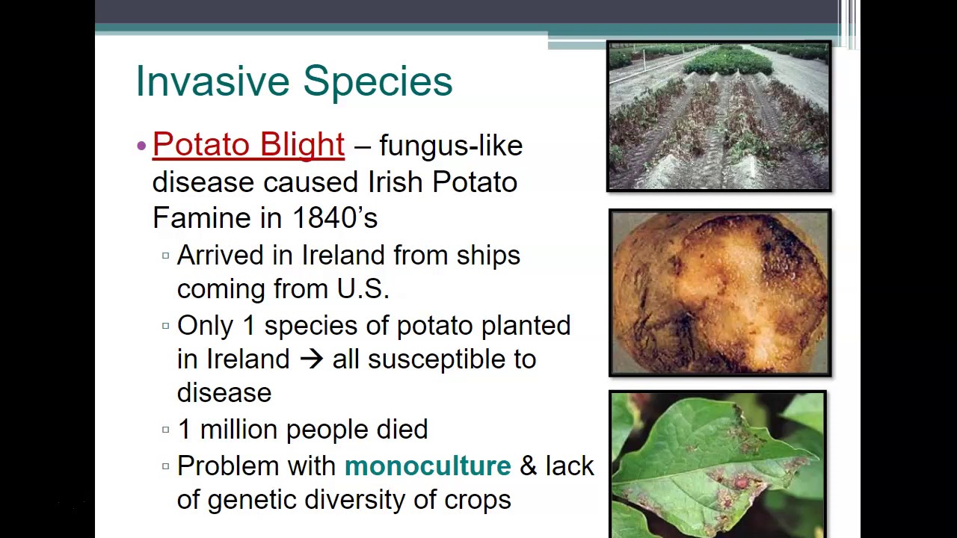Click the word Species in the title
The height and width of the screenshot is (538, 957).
point(378,83)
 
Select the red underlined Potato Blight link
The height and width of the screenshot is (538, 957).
point(249,145)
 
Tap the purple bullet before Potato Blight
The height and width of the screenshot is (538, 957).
point(141,146)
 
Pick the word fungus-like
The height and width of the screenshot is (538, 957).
point(451,146)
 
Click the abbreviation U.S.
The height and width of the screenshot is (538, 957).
point(363,289)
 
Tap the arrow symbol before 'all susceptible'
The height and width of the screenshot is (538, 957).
point(311,359)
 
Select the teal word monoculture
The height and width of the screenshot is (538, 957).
point(428,466)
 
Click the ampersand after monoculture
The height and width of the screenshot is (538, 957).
point(528,466)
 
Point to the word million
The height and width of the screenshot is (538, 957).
point(239,429)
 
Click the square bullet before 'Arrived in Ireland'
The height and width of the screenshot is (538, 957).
point(166,256)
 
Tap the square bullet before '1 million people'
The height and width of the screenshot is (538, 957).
point(166,430)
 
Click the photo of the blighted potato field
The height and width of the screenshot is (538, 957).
point(719,116)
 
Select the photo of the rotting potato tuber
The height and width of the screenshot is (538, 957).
point(720,293)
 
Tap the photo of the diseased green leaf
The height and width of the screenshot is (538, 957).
point(718,465)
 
